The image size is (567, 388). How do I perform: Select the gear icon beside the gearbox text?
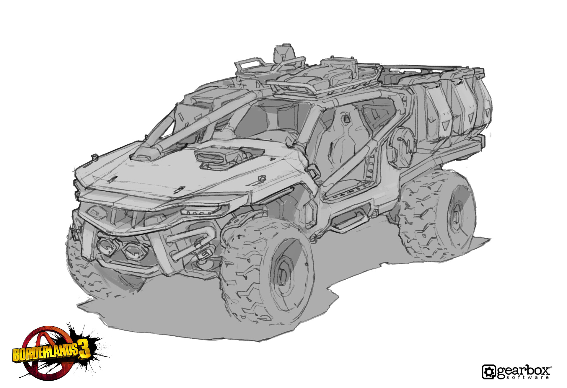[489, 372]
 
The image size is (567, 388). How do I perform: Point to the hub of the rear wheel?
[456, 217]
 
